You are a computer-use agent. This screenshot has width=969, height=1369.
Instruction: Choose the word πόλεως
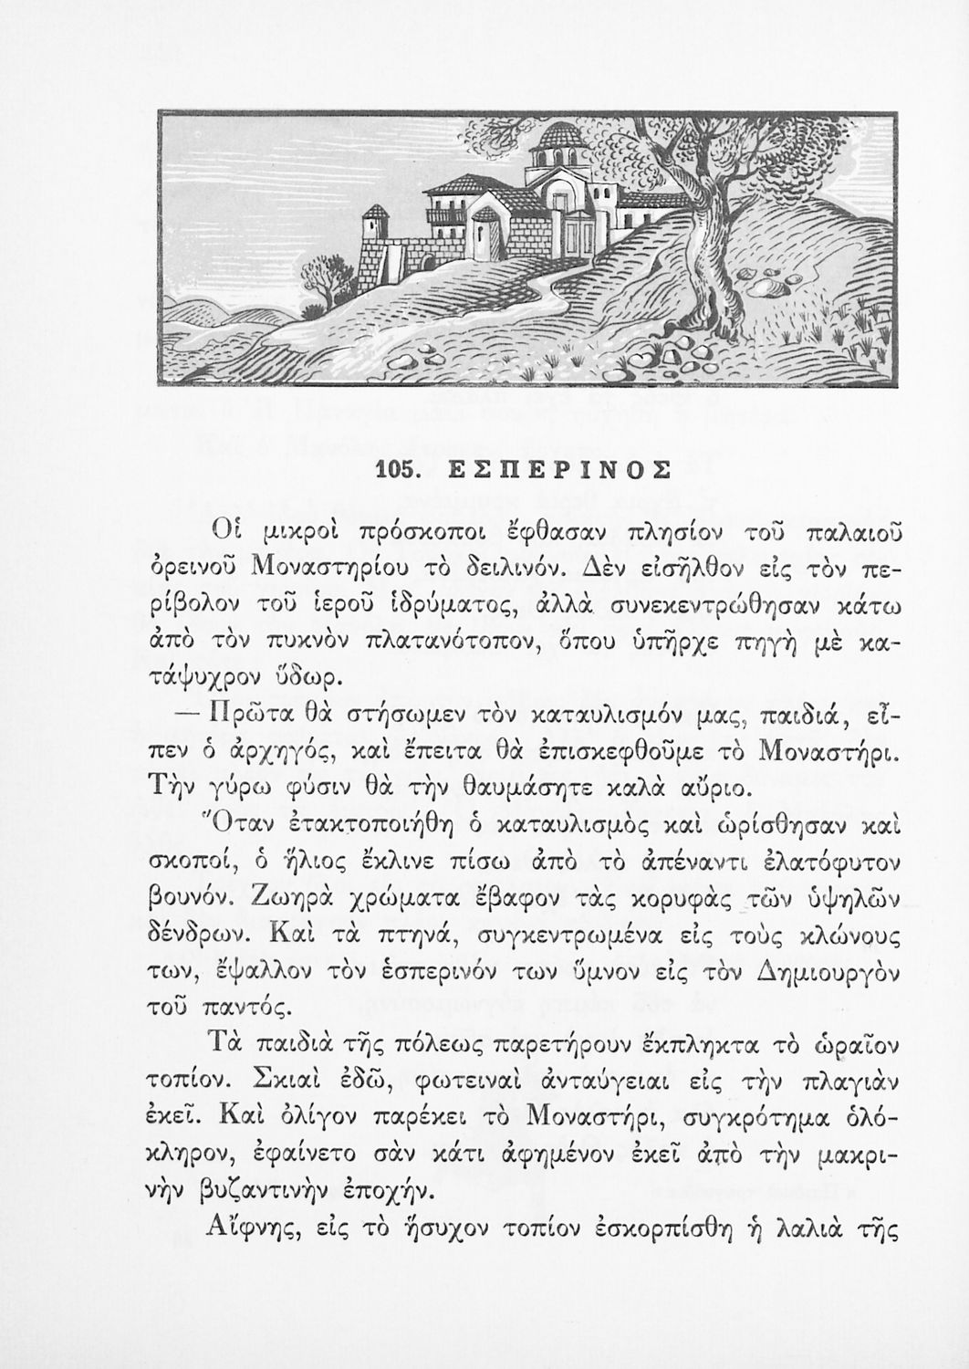tap(441, 1043)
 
